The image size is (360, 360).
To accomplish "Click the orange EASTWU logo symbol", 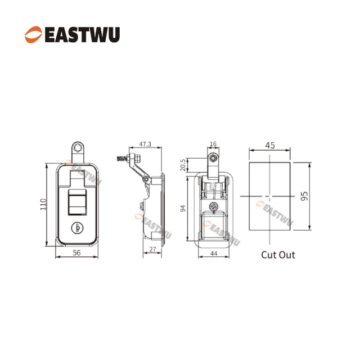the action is click(34, 34).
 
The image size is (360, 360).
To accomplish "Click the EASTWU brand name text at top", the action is click(82, 35).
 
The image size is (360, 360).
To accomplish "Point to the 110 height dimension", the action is click(43, 204).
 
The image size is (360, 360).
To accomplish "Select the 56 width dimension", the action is click(76, 253).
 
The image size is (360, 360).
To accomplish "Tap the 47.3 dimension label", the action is click(145, 144).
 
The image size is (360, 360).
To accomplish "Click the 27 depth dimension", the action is click(152, 249).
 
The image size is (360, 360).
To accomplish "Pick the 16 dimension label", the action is click(213, 144).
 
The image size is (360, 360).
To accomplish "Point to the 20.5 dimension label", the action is click(183, 165).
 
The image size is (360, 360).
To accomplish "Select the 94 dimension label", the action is click(183, 209).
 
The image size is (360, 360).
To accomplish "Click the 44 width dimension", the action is click(214, 254).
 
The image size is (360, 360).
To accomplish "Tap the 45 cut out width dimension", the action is click(270, 145).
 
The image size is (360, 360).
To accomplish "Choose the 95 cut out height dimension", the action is click(304, 196).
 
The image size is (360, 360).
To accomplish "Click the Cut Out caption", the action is click(278, 255).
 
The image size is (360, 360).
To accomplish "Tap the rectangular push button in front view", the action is click(78, 202).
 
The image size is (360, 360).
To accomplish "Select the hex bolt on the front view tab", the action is click(78, 147).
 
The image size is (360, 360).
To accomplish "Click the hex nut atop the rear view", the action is click(213, 158).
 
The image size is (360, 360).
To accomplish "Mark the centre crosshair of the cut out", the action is click(270, 196).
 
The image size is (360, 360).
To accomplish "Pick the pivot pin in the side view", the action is click(146, 179).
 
